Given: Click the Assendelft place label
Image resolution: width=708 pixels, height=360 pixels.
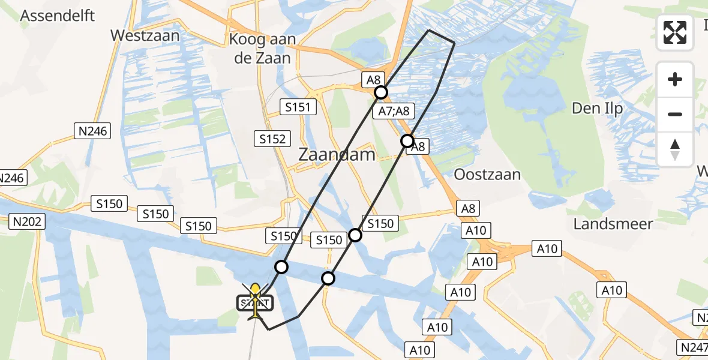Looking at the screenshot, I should pyautogui.click(x=58, y=15).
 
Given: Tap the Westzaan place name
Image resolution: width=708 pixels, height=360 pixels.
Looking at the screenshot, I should pyautogui.click(x=145, y=35).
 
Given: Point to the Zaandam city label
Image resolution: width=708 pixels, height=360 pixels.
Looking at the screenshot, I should pyautogui.click(x=337, y=155).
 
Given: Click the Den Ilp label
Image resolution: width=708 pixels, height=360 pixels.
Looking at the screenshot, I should pyautogui.click(x=598, y=109).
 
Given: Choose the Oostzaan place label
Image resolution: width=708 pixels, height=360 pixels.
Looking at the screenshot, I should pyautogui.click(x=487, y=175).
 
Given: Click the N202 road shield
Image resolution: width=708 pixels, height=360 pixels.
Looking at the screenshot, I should pyautogui.click(x=28, y=222).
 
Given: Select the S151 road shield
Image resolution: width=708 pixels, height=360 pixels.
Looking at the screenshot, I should pyautogui.click(x=297, y=107).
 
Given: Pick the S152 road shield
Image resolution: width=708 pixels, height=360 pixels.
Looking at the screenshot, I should pyautogui.click(x=272, y=138).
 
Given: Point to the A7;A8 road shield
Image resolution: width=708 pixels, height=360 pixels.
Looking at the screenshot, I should pyautogui.click(x=394, y=111).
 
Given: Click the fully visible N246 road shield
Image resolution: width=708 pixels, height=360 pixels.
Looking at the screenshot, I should pyautogui.click(x=93, y=131).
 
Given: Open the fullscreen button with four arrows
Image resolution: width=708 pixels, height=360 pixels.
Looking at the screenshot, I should pyautogui.click(x=675, y=32).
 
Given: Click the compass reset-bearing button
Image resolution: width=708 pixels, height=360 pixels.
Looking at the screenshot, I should pyautogui.click(x=675, y=149).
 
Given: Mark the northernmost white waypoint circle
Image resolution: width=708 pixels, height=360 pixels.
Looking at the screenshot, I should pyautogui.click(x=381, y=92).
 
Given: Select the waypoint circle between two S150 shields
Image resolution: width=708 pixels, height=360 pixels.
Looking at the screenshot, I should pyautogui.click(x=356, y=235).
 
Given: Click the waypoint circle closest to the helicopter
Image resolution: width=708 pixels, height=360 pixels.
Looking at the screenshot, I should pyautogui.click(x=281, y=266).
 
